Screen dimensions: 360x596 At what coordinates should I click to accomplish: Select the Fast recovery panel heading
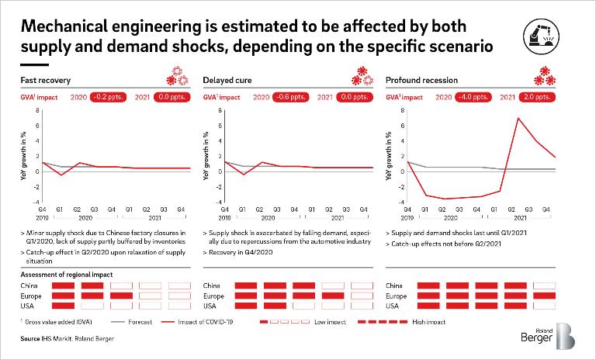click(x=43, y=80)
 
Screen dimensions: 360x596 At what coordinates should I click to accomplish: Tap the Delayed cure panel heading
click(x=224, y=80)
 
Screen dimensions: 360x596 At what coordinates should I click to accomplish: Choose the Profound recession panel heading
click(x=421, y=80)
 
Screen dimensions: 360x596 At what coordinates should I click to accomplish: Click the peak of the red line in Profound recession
click(x=518, y=118)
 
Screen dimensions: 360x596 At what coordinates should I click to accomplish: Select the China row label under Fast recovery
click(x=29, y=286)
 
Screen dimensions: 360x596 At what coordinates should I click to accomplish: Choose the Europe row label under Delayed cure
click(x=214, y=296)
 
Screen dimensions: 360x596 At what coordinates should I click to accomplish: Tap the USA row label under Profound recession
click(x=393, y=306)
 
